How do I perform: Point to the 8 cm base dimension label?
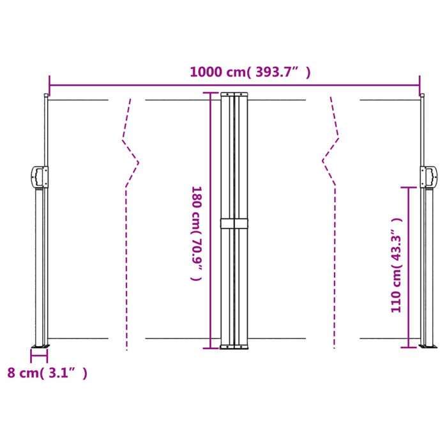click(x=45, y=373)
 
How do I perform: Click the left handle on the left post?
click(x=39, y=177)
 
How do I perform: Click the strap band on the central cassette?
click(x=234, y=223)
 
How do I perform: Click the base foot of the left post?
click(x=40, y=345)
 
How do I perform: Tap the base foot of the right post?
click(x=425, y=345)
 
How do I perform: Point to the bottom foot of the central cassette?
click(x=234, y=347)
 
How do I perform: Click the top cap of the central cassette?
click(x=234, y=95)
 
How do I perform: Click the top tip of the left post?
click(x=45, y=96)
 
